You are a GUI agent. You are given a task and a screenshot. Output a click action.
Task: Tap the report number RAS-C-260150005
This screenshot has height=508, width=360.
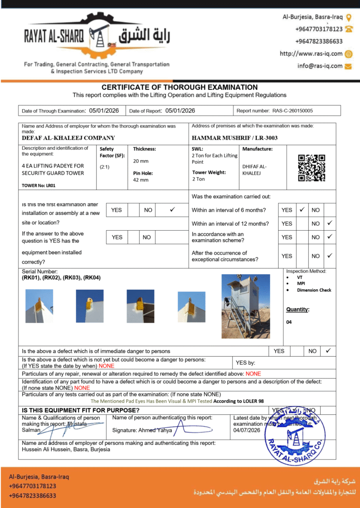[x=292, y=111]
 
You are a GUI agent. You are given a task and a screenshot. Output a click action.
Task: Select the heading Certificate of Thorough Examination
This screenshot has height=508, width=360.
[x=180, y=87]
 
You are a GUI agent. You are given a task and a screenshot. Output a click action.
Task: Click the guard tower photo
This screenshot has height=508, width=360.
[x=246, y=306]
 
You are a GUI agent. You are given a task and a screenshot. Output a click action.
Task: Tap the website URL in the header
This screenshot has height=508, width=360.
[x=311, y=54]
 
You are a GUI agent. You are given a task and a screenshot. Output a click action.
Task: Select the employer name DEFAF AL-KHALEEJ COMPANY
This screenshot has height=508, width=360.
[x=69, y=138]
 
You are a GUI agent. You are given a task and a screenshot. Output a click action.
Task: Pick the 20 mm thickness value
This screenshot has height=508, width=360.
[x=141, y=161]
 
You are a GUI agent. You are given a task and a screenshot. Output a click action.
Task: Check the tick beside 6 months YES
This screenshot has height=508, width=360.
[x=302, y=210]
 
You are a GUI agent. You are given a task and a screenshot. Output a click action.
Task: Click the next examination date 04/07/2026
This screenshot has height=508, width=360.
[x=247, y=430]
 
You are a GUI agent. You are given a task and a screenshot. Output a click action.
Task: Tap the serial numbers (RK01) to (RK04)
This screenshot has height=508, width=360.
[x=61, y=278]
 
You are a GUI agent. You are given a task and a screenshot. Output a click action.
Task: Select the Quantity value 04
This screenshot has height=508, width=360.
[x=289, y=322]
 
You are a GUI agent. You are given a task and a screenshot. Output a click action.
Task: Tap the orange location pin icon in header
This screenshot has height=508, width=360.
[x=349, y=17]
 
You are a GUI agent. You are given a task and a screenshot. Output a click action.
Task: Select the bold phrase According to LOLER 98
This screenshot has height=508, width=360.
[x=239, y=401]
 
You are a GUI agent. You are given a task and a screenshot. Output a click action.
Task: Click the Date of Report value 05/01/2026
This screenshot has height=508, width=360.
[x=180, y=111]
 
